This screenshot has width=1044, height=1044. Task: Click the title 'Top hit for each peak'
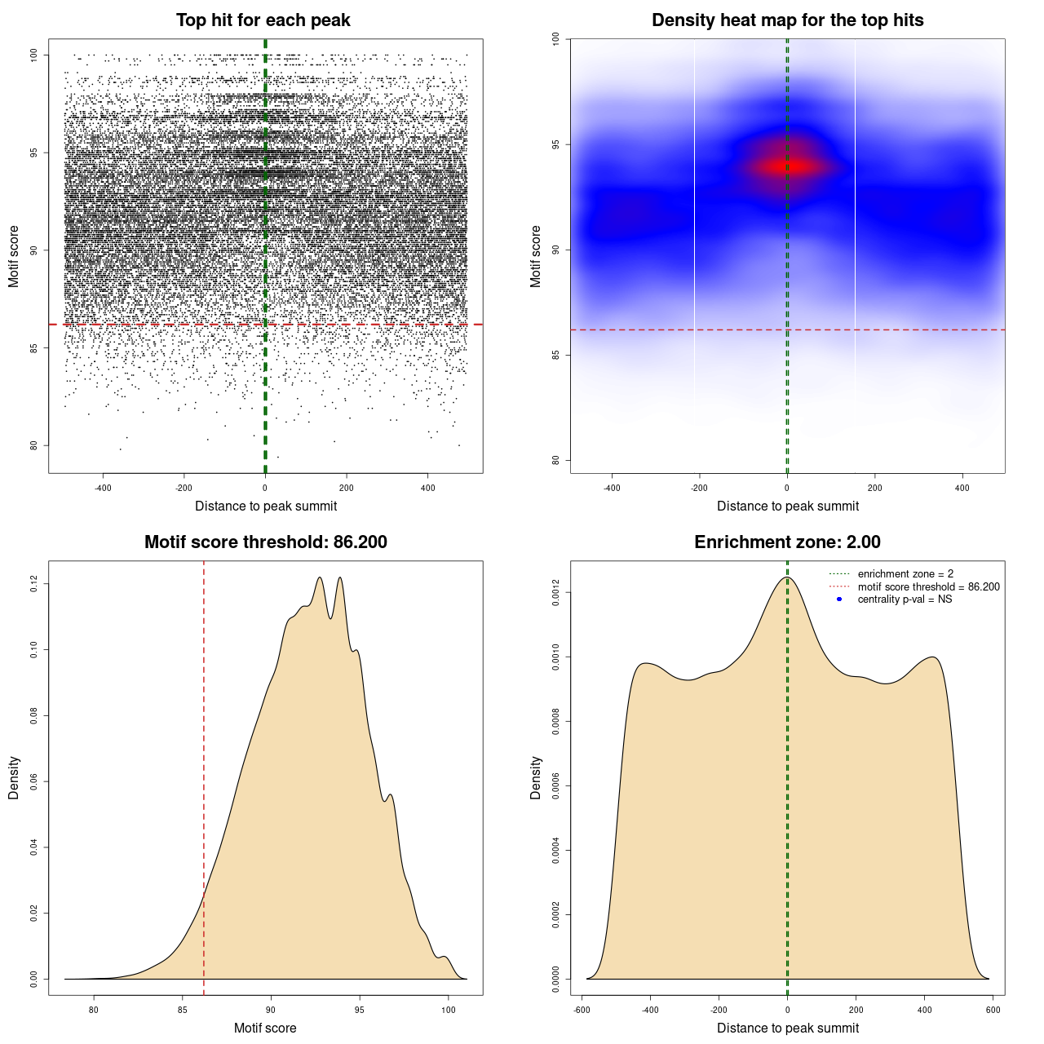[263, 20]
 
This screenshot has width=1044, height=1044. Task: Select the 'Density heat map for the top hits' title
[787, 20]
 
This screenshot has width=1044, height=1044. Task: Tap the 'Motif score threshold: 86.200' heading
[265, 542]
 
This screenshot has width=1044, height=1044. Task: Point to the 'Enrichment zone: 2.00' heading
[787, 542]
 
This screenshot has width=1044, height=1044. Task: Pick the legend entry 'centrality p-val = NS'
[905, 599]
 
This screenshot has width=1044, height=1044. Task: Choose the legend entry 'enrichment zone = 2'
[905, 574]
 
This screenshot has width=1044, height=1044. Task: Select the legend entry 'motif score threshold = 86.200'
[928, 587]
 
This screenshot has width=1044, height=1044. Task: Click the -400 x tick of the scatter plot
[103, 488]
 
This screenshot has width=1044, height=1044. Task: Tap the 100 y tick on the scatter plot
[34, 55]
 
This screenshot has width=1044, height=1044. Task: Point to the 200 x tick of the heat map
[874, 488]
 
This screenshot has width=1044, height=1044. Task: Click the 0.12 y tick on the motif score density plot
[34, 584]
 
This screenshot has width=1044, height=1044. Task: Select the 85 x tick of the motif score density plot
[182, 1010]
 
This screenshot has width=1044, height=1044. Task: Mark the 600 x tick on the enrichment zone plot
[992, 1010]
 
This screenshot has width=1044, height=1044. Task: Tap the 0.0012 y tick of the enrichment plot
[556, 592]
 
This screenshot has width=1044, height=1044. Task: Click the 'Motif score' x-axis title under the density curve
[265, 1028]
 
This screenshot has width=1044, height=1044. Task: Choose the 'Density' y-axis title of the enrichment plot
[536, 777]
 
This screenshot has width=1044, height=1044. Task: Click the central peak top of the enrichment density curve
[786, 577]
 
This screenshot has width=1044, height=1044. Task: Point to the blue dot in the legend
[839, 599]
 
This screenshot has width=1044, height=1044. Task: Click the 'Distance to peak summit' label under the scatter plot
[266, 506]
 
